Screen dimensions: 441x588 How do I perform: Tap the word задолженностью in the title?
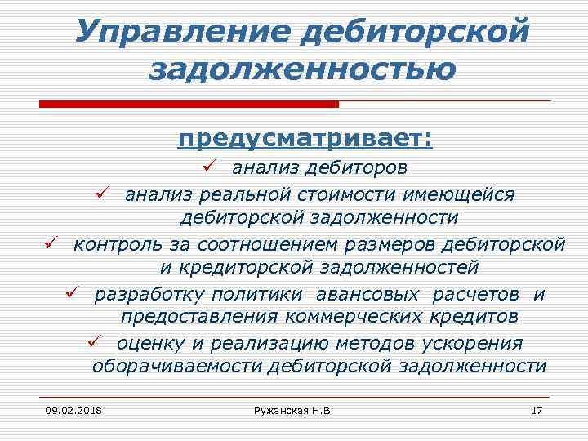tap(302, 70)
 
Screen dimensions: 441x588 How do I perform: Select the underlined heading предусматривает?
tap(305, 139)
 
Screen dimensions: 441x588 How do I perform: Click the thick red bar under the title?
tap(189, 104)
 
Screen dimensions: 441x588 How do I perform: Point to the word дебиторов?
tap(362, 168)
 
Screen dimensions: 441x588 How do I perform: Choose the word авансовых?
tap(368, 293)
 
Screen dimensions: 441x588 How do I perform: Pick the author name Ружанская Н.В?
tap(293, 408)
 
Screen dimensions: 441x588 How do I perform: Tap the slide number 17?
tap(537, 408)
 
